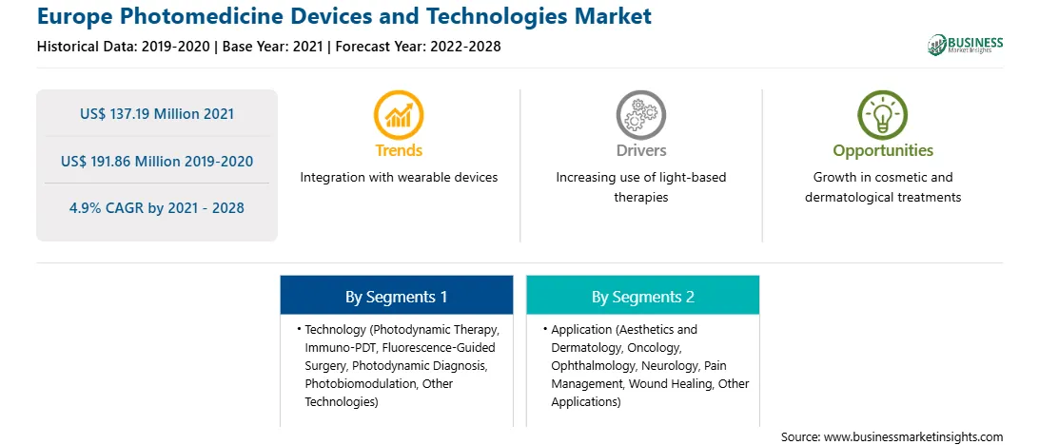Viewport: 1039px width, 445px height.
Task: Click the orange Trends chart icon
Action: tap(399, 115)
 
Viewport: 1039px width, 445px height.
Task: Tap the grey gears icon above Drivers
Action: tap(640, 115)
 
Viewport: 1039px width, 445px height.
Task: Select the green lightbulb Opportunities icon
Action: tap(883, 115)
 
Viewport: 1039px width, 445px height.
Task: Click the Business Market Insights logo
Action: tap(966, 45)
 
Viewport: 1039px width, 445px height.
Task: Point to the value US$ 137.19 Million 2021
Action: tap(157, 113)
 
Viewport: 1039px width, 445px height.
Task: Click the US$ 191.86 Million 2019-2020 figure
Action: tap(157, 161)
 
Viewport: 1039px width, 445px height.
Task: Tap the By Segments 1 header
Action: tap(396, 297)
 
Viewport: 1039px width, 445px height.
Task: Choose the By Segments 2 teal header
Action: tap(643, 297)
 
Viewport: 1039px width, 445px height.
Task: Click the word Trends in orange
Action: tap(399, 150)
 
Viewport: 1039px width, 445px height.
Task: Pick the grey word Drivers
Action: tap(640, 150)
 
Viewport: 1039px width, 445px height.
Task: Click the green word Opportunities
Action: tap(883, 151)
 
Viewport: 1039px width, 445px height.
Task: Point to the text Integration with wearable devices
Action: tap(399, 178)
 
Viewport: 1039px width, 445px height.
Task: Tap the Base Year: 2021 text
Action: tap(272, 47)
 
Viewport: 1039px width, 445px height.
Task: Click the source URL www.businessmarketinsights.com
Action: tap(913, 436)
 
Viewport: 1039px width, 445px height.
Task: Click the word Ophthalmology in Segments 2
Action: tap(591, 365)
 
